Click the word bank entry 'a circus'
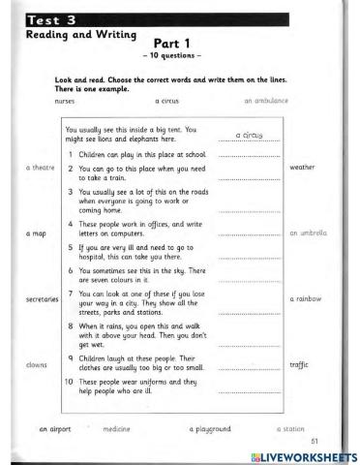pyautogui.click(x=169, y=100)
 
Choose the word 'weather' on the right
pyautogui.click(x=303, y=168)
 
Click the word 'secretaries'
pyautogui.click(x=36, y=299)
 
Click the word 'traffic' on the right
pyautogui.click(x=299, y=365)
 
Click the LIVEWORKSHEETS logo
pyautogui.click(x=304, y=455)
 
